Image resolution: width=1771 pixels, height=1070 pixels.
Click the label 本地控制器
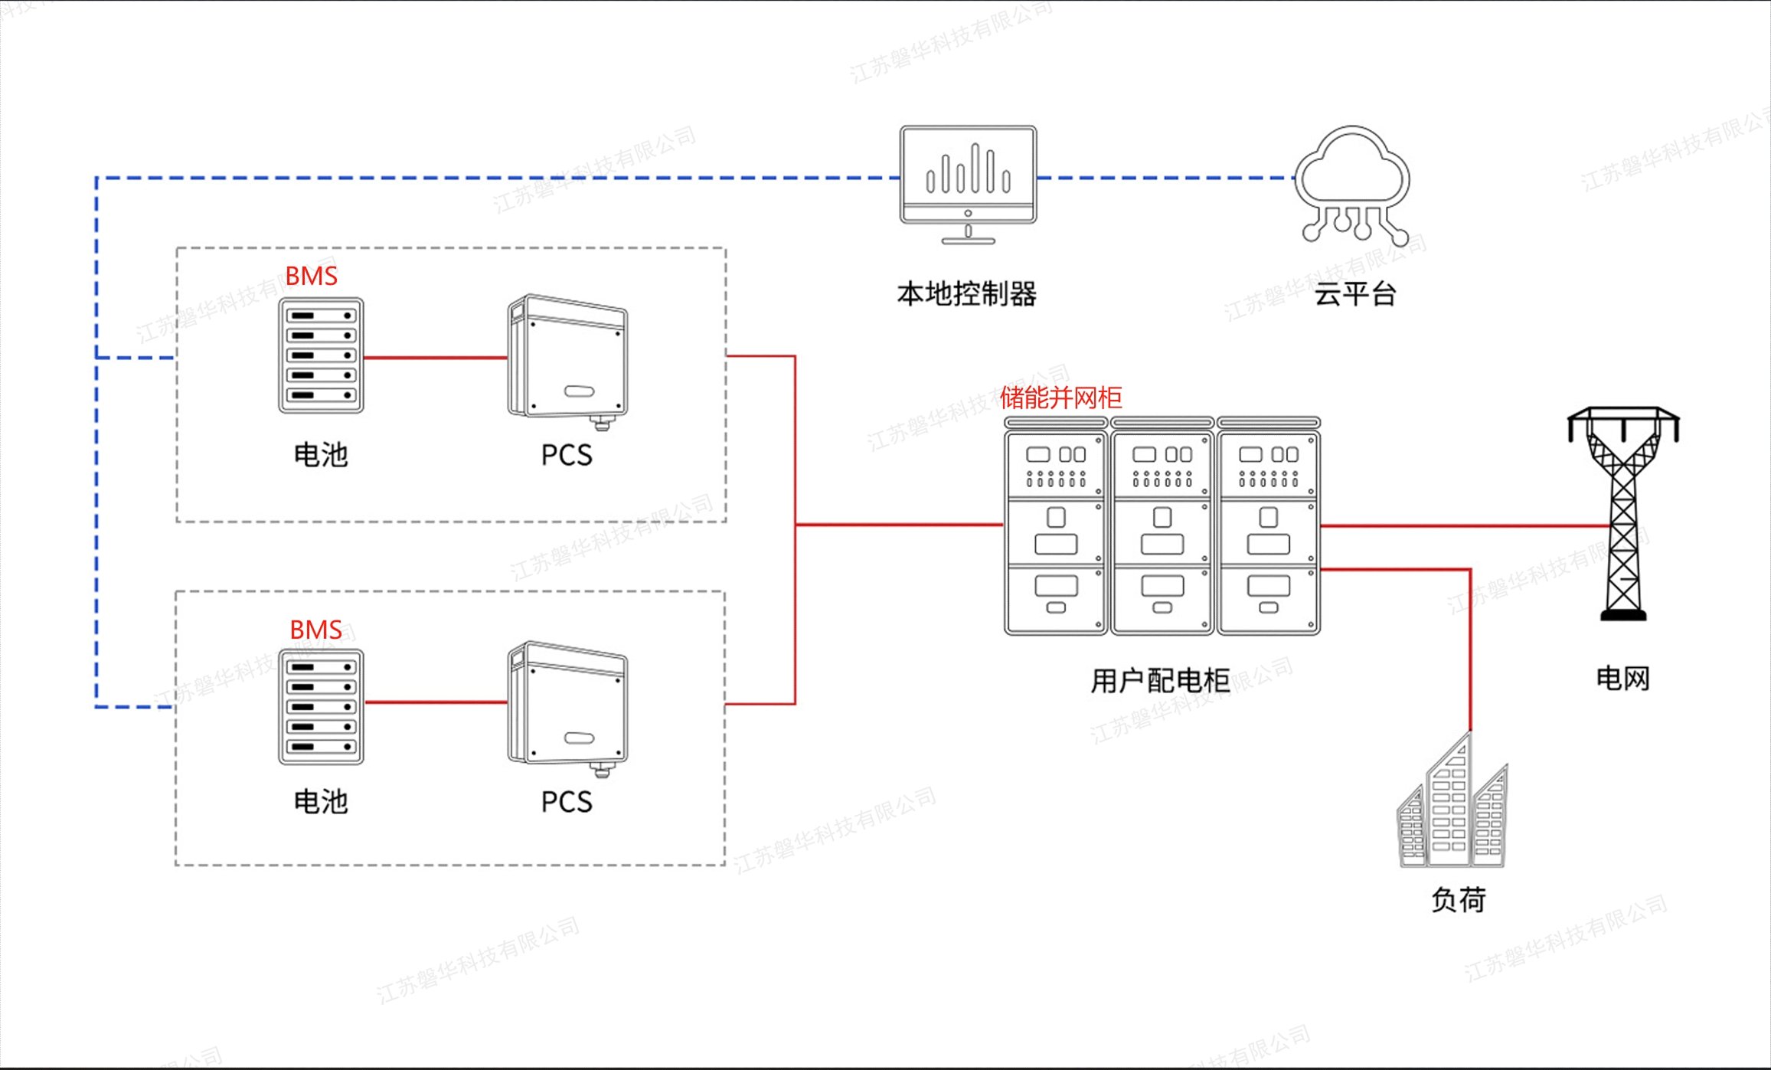pyautogui.click(x=966, y=294)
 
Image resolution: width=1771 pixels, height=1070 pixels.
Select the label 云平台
pyautogui.click(x=1355, y=294)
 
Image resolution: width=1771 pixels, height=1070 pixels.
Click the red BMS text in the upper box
pyautogui.click(x=311, y=276)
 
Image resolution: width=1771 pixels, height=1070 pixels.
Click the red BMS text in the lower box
pyautogui.click(x=315, y=630)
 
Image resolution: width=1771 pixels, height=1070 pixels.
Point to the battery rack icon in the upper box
pyautogui.click(x=321, y=355)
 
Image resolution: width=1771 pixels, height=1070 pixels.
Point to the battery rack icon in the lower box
pyautogui.click(x=321, y=707)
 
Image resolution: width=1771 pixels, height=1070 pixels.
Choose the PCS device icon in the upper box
pyautogui.click(x=567, y=358)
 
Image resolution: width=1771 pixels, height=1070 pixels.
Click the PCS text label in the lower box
pyautogui.click(x=567, y=802)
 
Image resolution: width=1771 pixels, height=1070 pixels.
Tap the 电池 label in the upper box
pyautogui.click(x=321, y=455)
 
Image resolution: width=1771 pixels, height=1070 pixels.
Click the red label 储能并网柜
pyautogui.click(x=1060, y=398)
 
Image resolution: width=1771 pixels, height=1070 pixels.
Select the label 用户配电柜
pyautogui.click(x=1160, y=680)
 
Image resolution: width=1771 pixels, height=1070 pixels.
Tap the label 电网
pyautogui.click(x=1622, y=679)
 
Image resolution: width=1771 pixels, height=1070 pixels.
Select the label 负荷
pyautogui.click(x=1459, y=900)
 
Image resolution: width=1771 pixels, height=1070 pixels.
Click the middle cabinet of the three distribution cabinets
pyautogui.click(x=1162, y=528)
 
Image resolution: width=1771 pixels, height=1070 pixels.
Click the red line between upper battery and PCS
pyautogui.click(x=435, y=357)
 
